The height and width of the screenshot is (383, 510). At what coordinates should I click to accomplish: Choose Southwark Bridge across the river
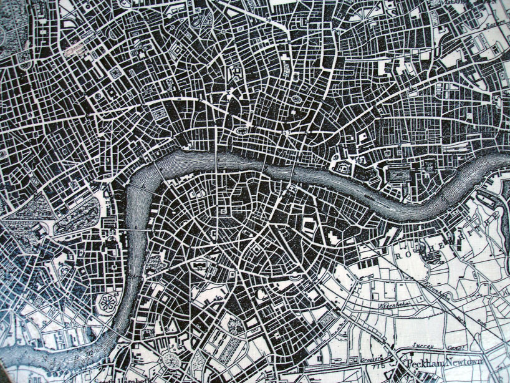(264, 163)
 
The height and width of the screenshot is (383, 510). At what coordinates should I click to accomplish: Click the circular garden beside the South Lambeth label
(170, 361)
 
